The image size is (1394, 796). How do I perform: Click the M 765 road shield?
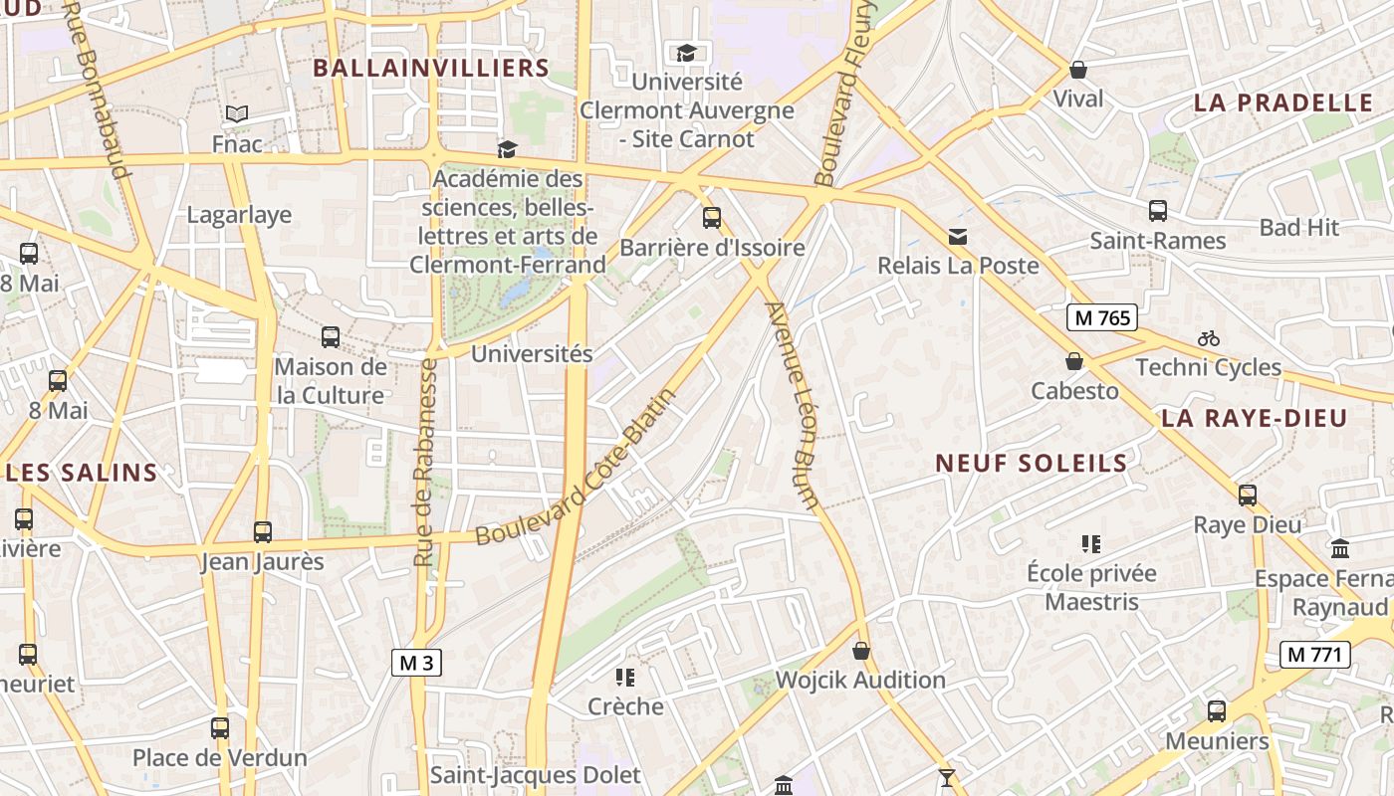coord(1102,317)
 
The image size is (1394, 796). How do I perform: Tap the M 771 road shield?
coord(1314,654)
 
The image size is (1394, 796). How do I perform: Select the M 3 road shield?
coord(416,663)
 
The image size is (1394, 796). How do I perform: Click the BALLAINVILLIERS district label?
coord(431,68)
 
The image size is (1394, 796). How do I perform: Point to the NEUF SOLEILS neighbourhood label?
coord(1032,463)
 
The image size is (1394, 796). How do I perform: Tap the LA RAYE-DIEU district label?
coord(1254,418)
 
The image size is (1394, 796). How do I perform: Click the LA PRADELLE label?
coord(1283,102)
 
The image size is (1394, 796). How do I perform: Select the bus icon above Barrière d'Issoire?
coord(712,218)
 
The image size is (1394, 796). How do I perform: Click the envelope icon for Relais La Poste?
coord(958,237)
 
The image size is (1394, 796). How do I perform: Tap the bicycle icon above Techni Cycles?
coord(1209,338)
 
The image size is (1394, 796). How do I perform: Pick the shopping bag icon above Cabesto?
coord(1074,361)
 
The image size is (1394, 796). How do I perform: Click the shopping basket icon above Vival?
coord(1077,70)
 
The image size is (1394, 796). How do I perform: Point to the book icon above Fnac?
coord(237,114)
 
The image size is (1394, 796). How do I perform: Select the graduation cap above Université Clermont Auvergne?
coord(686,53)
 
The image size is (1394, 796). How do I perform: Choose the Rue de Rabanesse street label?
coord(426,463)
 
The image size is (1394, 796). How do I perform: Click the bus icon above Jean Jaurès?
coord(263,532)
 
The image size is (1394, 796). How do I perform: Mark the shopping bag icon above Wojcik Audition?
coord(861,651)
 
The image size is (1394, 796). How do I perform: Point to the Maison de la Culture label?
coord(330,381)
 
